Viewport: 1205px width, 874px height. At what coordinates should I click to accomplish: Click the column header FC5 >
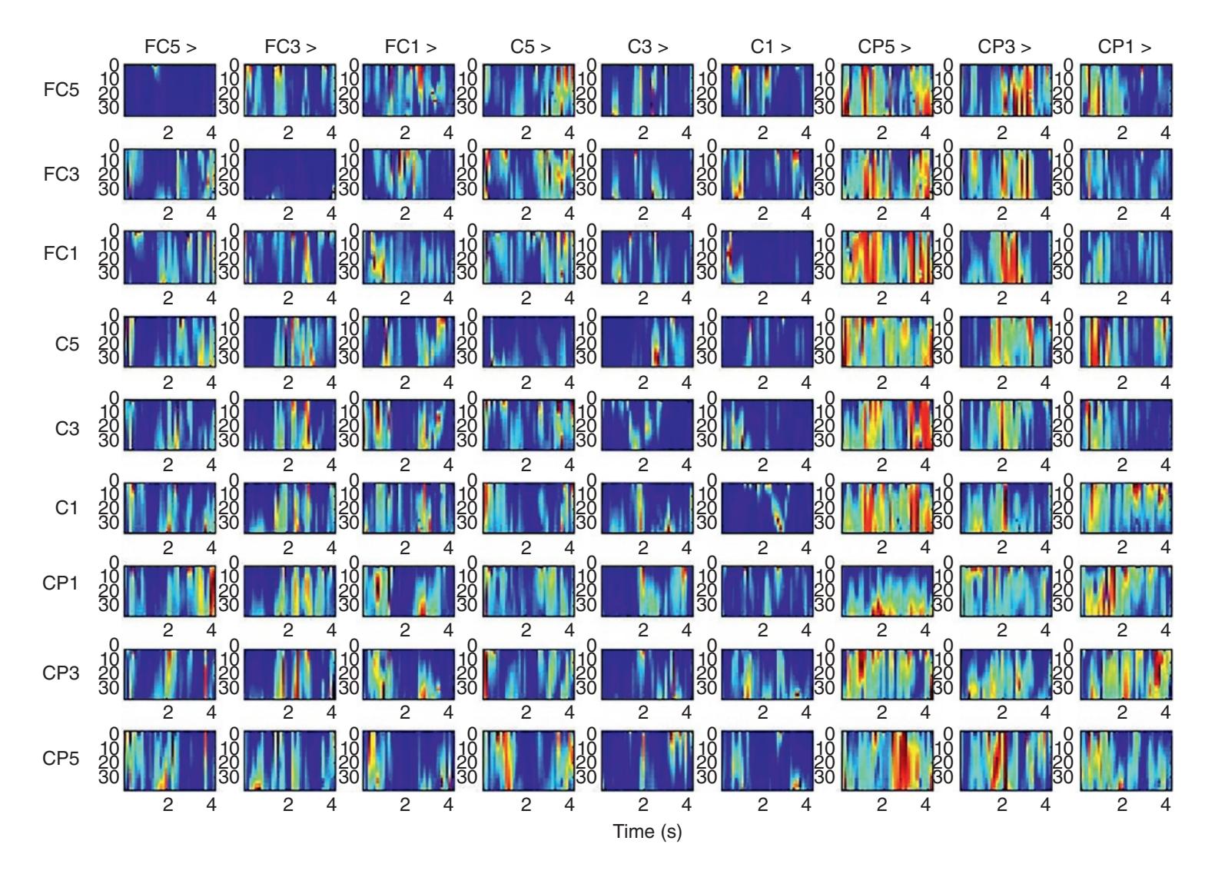[170, 48]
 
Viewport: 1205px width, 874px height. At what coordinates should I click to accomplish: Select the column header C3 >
[648, 48]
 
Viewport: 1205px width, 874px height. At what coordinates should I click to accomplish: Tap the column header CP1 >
[1124, 48]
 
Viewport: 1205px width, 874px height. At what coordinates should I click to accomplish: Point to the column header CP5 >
[885, 48]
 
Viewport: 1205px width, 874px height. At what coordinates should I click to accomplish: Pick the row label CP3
[61, 673]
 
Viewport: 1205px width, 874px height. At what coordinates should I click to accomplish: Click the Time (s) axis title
[647, 831]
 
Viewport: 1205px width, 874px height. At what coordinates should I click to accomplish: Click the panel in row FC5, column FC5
[170, 91]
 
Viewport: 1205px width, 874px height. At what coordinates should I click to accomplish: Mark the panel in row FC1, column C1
[767, 257]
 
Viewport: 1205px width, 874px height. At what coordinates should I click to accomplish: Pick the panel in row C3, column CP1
[1126, 424]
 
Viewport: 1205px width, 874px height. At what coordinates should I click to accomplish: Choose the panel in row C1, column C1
[767, 508]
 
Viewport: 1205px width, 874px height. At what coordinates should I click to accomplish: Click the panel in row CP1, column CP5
[887, 590]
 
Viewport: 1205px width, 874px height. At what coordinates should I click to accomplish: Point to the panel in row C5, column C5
[529, 341]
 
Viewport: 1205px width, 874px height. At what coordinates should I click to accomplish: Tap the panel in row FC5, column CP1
[1126, 91]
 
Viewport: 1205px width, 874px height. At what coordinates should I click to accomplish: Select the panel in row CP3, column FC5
[170, 674]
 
